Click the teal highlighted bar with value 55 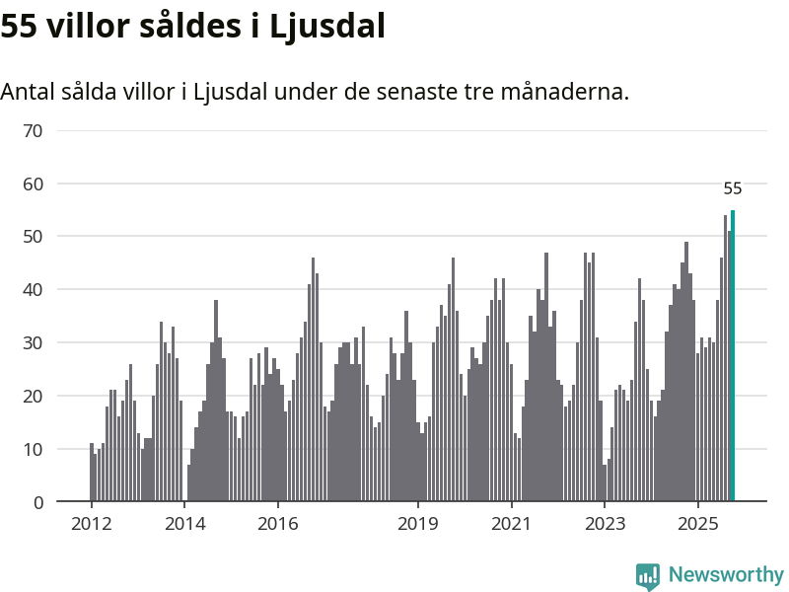click(733, 355)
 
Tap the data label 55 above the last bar click(733, 188)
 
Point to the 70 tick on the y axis click(33, 130)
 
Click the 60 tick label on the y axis click(33, 184)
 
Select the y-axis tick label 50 click(33, 237)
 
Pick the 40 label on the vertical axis click(33, 290)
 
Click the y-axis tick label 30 click(33, 343)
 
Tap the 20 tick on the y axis click(33, 396)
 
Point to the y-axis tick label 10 click(33, 449)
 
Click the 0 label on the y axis click(38, 502)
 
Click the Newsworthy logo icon click(647, 576)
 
